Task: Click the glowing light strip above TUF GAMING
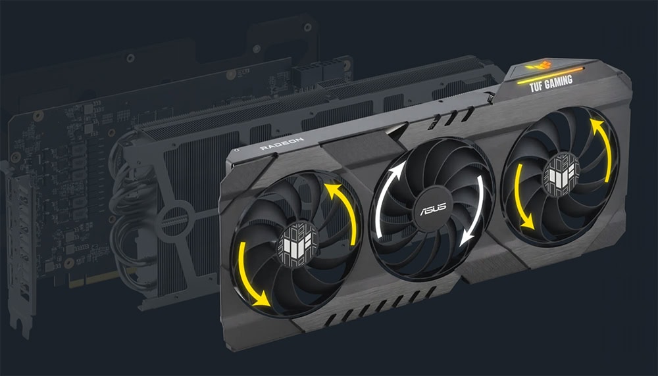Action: point(549,70)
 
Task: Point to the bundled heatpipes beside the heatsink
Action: point(122,217)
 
